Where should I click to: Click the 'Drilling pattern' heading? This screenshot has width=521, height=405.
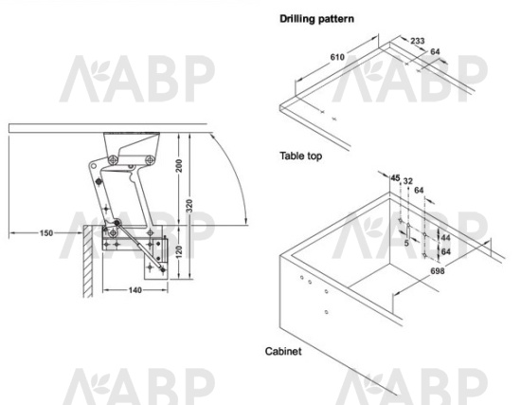[316, 19]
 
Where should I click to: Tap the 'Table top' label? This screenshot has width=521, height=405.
[300, 156]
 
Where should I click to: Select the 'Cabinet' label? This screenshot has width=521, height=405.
[283, 351]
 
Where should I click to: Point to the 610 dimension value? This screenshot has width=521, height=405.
[337, 57]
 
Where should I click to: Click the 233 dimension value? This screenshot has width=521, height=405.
[418, 41]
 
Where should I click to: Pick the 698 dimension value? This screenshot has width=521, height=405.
[438, 271]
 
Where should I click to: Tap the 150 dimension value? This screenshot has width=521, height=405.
[46, 233]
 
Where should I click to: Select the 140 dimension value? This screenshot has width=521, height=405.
[135, 290]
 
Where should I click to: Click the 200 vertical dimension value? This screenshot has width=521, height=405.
[179, 166]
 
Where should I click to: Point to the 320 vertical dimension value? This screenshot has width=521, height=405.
[189, 206]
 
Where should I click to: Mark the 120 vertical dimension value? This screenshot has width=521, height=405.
[179, 252]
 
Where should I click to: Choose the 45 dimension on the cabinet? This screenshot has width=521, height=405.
[395, 178]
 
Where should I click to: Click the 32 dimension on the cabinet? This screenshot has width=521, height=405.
[407, 181]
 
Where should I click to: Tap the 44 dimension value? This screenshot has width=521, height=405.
[445, 238]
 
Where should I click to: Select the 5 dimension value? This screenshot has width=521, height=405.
[406, 243]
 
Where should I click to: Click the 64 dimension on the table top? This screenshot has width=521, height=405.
[435, 51]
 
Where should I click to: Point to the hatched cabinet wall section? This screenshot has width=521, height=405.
[88, 261]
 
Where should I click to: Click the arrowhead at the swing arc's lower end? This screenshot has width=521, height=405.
[245, 221]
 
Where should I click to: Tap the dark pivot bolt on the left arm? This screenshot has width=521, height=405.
[99, 182]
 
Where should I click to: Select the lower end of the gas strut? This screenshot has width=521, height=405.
[163, 268]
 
